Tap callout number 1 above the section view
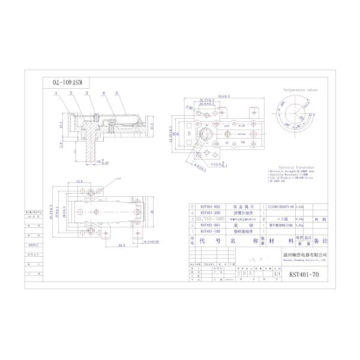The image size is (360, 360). [55, 94]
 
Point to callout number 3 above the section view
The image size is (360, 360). [86, 94]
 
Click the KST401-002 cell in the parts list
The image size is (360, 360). [210, 206]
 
